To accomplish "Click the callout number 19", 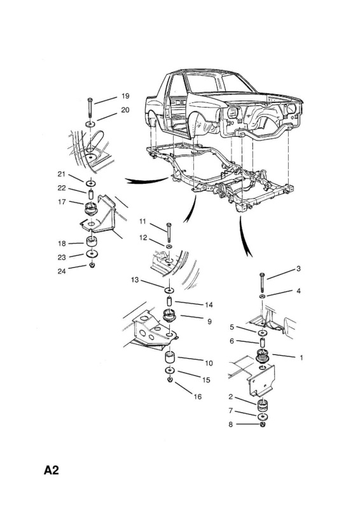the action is click(x=125, y=96).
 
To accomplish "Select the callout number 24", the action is click(x=62, y=271).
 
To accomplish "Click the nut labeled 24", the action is click(x=92, y=265).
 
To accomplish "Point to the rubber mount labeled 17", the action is click(x=91, y=208).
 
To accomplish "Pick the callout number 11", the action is click(x=143, y=221).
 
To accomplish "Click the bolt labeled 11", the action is click(x=169, y=232).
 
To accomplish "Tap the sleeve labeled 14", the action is click(x=169, y=301).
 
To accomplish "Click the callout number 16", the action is click(x=198, y=396).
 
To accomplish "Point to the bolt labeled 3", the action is click(x=262, y=282).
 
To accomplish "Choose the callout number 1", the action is click(x=301, y=358).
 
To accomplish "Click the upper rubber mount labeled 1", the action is click(x=263, y=356).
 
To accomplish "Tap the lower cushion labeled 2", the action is click(x=263, y=407).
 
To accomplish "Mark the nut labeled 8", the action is click(x=263, y=424).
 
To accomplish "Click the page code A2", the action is click(x=52, y=470).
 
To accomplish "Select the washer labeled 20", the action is click(x=90, y=123).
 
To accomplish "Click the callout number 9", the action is click(x=209, y=321).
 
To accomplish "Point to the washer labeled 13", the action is click(x=169, y=289).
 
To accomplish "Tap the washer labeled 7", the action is click(x=263, y=417).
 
